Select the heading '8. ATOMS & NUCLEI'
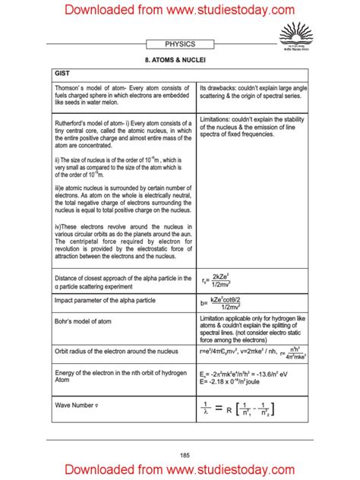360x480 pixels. pyautogui.click(x=179, y=58)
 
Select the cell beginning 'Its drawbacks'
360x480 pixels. pyautogui.click(x=253, y=93)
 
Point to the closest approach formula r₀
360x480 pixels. pyautogui.click(x=226, y=283)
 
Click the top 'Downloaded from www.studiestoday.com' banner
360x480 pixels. pyautogui.click(x=179, y=10)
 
